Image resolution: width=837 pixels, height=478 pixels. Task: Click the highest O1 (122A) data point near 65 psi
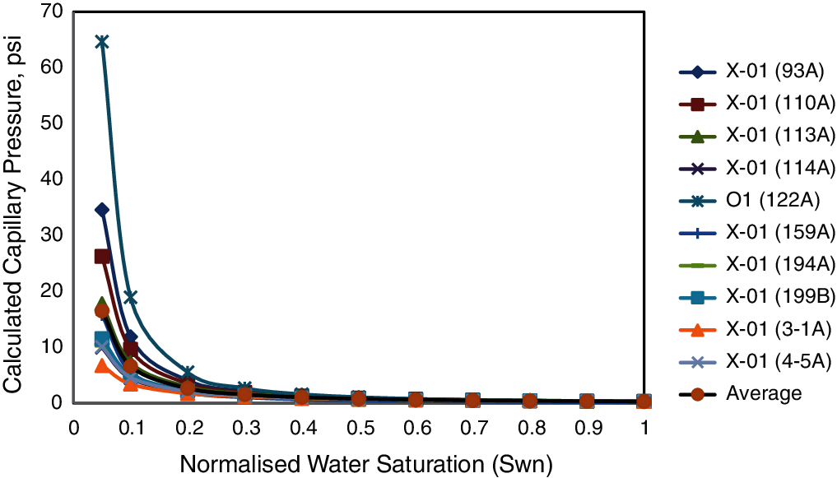pyautogui.click(x=102, y=42)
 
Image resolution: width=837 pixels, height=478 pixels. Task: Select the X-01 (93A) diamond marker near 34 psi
pyautogui.click(x=102, y=210)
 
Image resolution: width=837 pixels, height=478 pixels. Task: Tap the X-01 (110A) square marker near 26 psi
pyautogui.click(x=102, y=257)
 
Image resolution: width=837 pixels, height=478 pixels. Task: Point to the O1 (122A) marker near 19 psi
pyautogui.click(x=130, y=296)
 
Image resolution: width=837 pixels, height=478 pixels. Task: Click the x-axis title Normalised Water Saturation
pyautogui.click(x=366, y=463)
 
